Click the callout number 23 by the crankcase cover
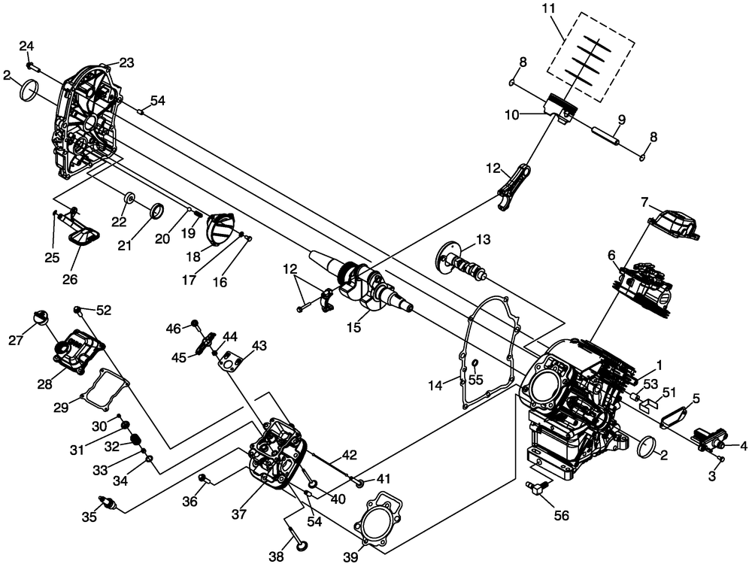(x=126, y=63)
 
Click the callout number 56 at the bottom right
(x=561, y=515)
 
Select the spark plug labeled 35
(x=106, y=502)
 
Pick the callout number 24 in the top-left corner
(x=26, y=47)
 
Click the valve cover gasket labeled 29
(x=101, y=390)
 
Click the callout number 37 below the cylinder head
(x=239, y=515)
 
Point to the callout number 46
(x=174, y=328)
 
